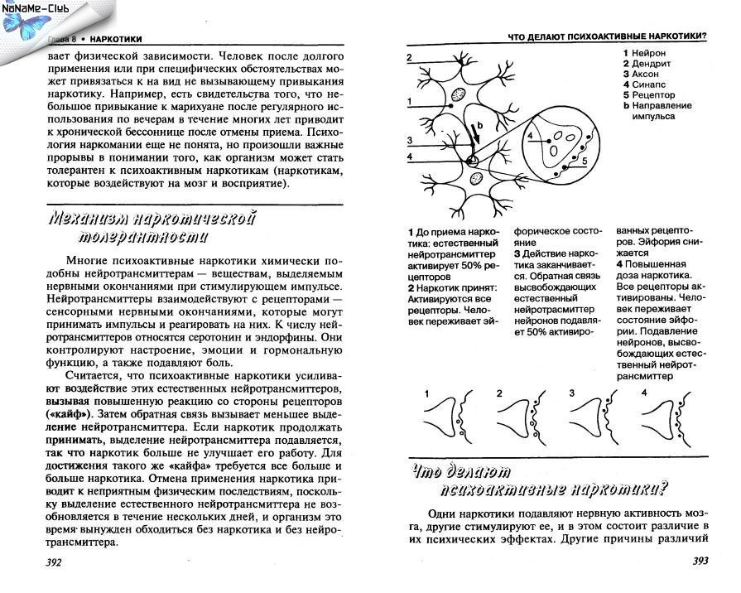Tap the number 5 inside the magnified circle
click(584, 161)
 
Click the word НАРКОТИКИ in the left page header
click(116, 38)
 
